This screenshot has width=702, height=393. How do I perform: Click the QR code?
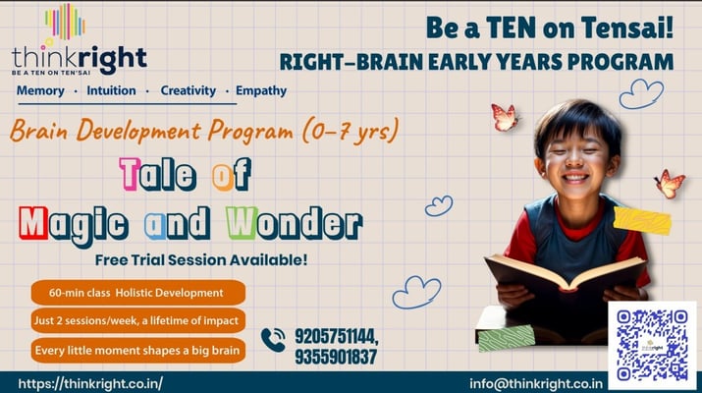click(x=652, y=344)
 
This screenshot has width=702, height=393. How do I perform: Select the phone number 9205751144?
click(x=335, y=336)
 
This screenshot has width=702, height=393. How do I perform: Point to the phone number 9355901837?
click(x=334, y=357)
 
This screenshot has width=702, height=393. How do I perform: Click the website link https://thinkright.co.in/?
click(x=90, y=382)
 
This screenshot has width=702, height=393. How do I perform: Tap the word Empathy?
click(x=261, y=90)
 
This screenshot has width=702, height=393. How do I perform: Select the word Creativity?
click(x=189, y=90)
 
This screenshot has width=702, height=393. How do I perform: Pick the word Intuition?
click(x=111, y=91)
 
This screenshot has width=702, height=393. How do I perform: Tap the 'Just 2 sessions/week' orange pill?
click(x=138, y=320)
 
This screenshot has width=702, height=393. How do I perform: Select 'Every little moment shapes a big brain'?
click(x=138, y=350)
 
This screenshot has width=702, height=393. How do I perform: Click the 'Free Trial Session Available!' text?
click(x=200, y=260)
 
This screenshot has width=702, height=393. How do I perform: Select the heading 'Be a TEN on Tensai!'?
click(x=549, y=28)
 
